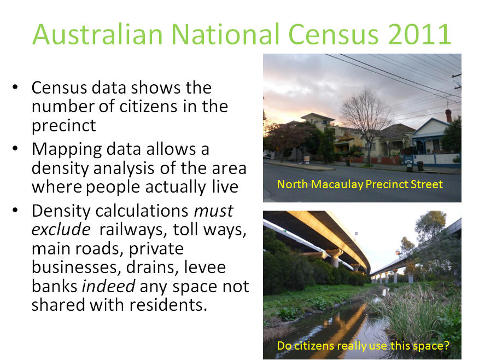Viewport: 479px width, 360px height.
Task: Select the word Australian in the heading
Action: (x=97, y=34)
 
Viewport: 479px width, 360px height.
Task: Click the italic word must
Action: (x=214, y=211)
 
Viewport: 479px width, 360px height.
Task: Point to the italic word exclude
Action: (x=61, y=229)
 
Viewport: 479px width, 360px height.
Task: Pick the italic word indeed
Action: (x=108, y=286)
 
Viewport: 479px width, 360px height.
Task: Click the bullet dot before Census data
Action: (x=15, y=88)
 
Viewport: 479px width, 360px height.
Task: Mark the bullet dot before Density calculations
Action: (x=15, y=211)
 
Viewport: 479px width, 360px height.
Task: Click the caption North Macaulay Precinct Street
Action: (x=360, y=184)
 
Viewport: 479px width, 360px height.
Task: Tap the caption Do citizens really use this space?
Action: (x=363, y=346)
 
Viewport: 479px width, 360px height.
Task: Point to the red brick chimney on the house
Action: (x=448, y=116)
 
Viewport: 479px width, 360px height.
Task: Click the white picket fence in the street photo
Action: (x=434, y=160)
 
